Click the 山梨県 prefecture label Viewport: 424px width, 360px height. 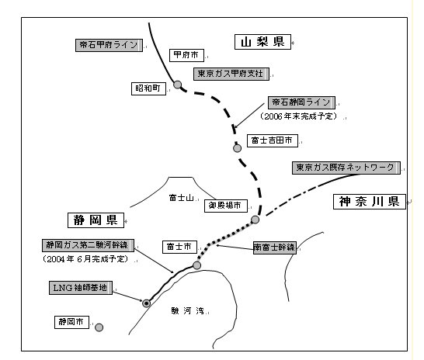click(x=262, y=42)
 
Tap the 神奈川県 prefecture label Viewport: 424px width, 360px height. click(x=370, y=202)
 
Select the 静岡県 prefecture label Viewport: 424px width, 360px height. click(x=96, y=220)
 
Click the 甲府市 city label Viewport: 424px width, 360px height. click(x=186, y=55)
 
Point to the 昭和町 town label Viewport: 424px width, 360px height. click(x=148, y=88)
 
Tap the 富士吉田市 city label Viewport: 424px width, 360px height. click(x=273, y=140)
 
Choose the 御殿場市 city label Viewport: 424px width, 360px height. click(x=226, y=206)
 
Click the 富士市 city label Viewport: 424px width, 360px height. click(x=179, y=247)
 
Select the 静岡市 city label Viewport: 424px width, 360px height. click(x=71, y=322)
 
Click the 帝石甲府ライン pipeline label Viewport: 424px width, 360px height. click(x=109, y=45)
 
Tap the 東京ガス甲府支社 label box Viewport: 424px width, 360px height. click(x=231, y=74)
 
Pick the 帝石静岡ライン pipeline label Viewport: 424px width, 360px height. click(x=301, y=102)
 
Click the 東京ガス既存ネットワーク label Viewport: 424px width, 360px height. click(x=346, y=168)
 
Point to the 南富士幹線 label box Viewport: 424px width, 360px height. click(x=275, y=247)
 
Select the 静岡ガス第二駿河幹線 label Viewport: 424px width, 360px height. click(x=89, y=245)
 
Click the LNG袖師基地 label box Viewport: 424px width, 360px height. click(x=81, y=288)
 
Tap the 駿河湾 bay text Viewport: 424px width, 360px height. click(x=188, y=311)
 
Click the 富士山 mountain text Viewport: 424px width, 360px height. click(x=181, y=198)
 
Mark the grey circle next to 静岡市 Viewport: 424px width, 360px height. click(x=99, y=327)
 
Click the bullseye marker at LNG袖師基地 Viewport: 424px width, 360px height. click(x=146, y=303)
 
